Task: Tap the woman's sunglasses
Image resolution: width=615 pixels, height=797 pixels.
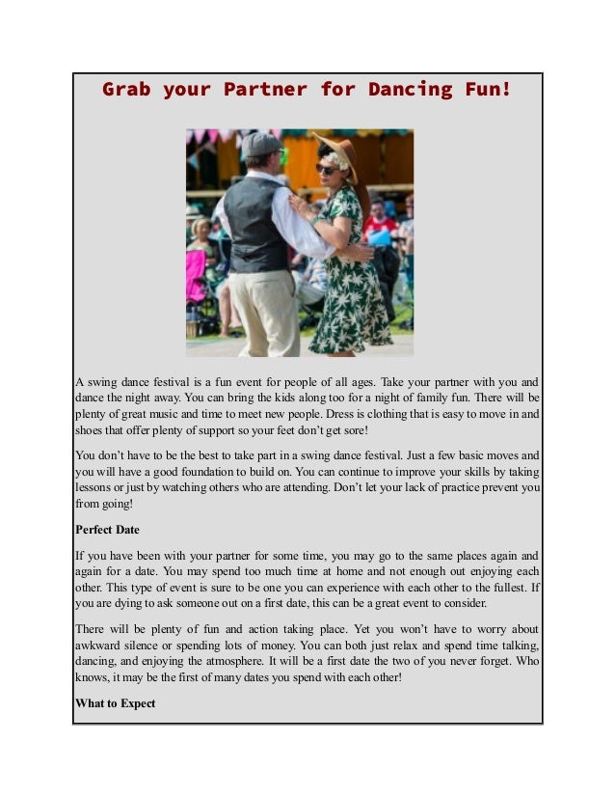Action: (x=325, y=168)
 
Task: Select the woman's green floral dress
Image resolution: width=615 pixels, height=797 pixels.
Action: (x=349, y=280)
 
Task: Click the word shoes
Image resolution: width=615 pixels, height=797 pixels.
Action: (x=91, y=431)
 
